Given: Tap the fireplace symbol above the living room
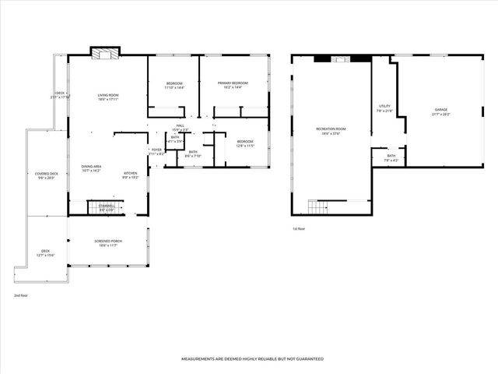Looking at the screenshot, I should [x=105, y=53].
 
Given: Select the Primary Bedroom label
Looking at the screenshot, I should [x=233, y=83].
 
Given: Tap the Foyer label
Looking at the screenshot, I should [x=156, y=150].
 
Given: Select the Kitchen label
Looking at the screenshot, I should [x=131, y=173].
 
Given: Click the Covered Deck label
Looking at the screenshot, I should [x=47, y=174].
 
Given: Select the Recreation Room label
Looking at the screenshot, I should [x=331, y=129].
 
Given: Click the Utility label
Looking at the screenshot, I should [x=384, y=106].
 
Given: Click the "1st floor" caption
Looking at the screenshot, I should [x=299, y=228].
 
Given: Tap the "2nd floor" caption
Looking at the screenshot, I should [x=20, y=296].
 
